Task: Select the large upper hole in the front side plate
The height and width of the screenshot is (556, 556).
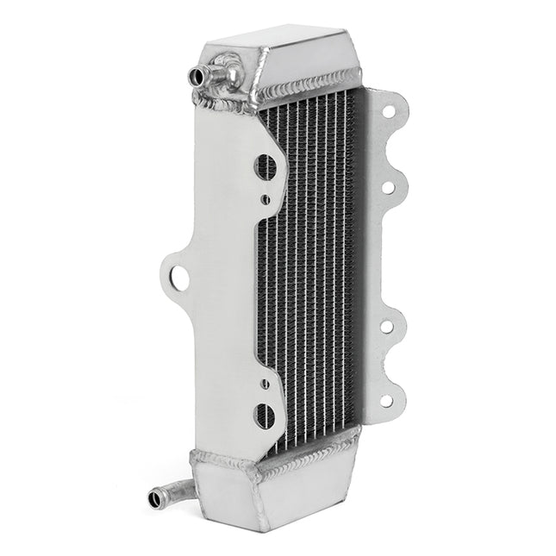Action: [x=266, y=166]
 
